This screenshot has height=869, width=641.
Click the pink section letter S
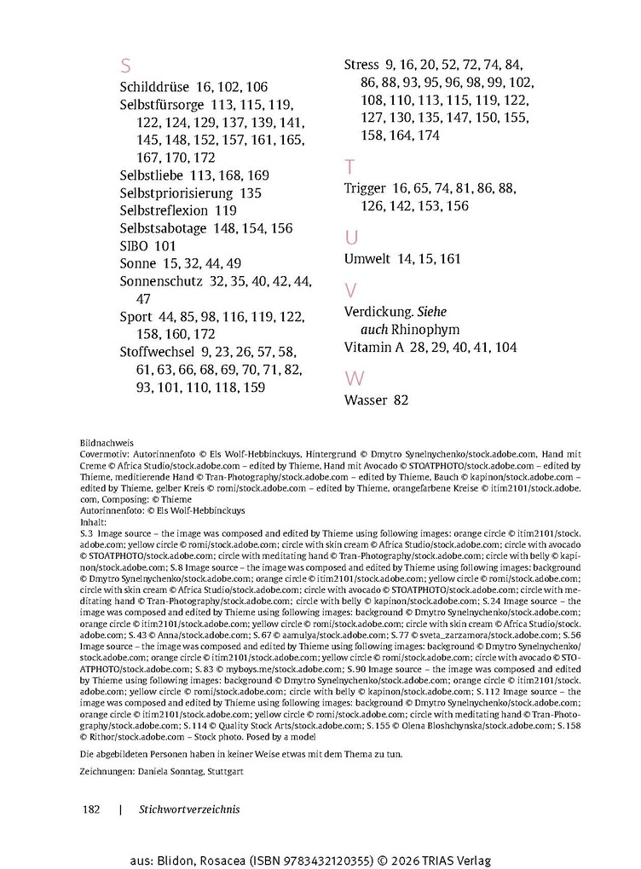[x=125, y=66]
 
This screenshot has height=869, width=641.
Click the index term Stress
[x=362, y=65]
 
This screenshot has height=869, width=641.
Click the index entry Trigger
[x=365, y=188]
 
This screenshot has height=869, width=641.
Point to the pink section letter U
[x=351, y=237]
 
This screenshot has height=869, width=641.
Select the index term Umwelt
[x=367, y=258]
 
